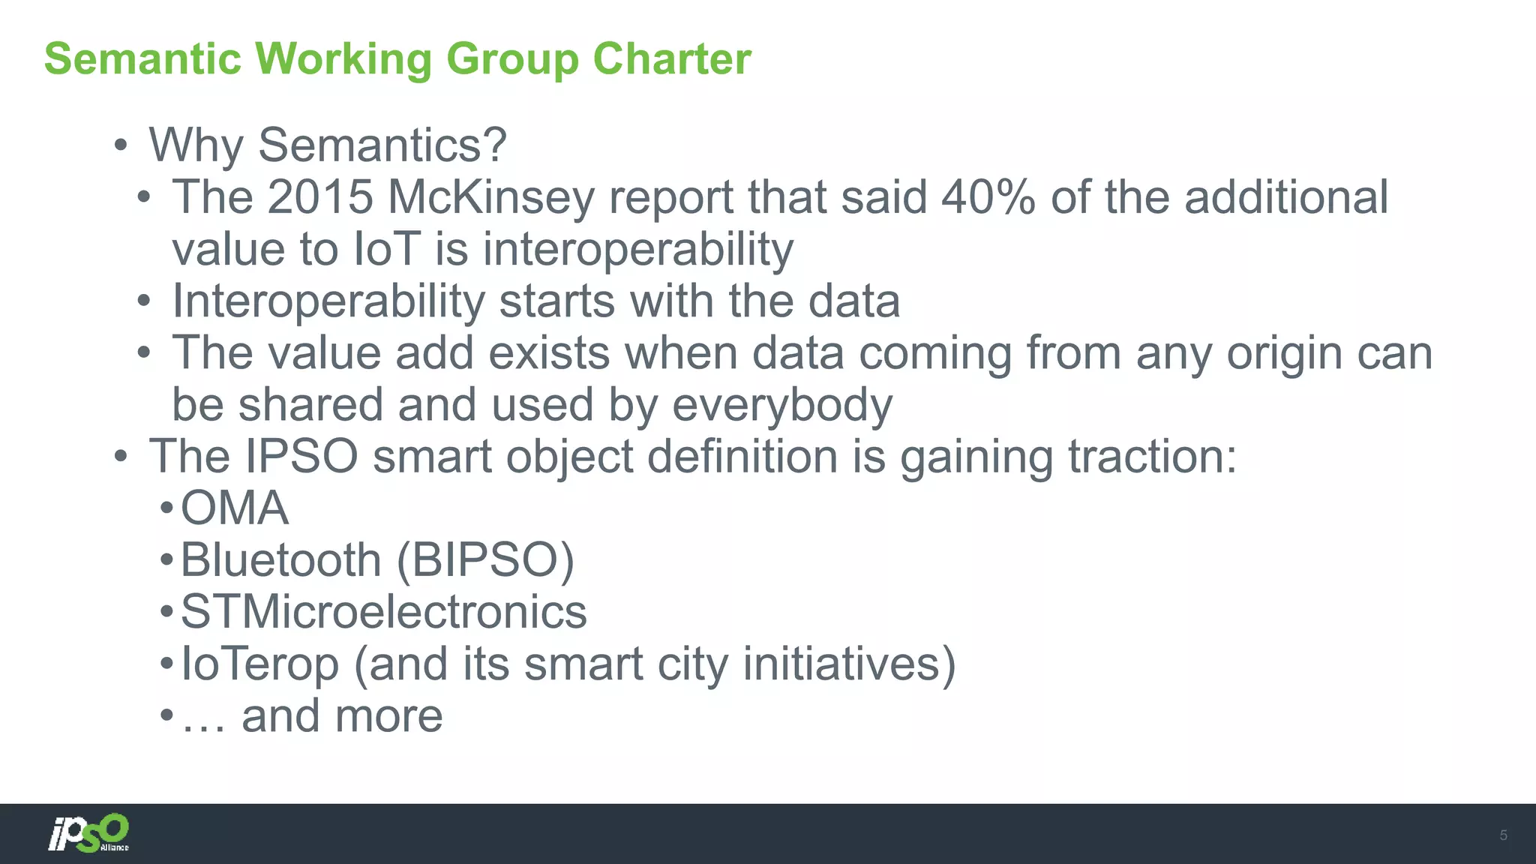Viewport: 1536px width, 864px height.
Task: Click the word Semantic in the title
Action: (142, 58)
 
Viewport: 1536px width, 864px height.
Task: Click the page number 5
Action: (1503, 835)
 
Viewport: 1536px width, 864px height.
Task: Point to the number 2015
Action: (320, 197)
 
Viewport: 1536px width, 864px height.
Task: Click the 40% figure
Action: (988, 197)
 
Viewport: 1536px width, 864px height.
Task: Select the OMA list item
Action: (234, 508)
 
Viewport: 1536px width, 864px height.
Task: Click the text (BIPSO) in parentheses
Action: (485, 560)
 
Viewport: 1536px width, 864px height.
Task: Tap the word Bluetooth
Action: (281, 560)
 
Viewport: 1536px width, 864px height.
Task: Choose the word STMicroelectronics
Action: (383, 612)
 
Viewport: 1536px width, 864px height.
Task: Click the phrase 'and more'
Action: (342, 716)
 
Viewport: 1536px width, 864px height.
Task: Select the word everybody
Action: (781, 405)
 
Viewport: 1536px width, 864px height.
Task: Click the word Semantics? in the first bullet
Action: (382, 145)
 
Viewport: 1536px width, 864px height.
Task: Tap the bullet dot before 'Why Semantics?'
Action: (121, 145)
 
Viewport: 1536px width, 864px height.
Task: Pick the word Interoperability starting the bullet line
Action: (328, 301)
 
